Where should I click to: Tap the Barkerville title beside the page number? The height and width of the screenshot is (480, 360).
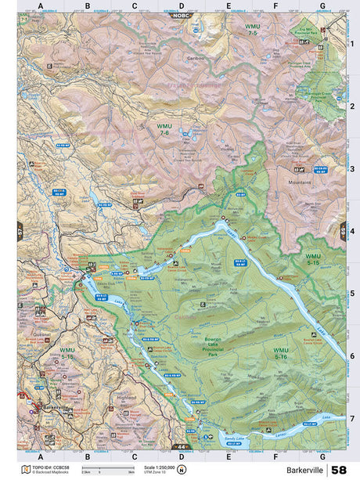tap(305, 471)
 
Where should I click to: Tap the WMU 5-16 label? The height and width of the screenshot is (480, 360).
tap(280, 352)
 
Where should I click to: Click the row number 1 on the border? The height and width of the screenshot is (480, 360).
tap(352, 44)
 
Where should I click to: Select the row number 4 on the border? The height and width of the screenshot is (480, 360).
tap(352, 231)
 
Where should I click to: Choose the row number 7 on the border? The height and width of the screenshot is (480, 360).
tap(352, 418)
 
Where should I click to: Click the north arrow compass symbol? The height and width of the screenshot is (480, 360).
tap(182, 470)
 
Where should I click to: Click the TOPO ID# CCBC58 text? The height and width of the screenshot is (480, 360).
tap(46, 467)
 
